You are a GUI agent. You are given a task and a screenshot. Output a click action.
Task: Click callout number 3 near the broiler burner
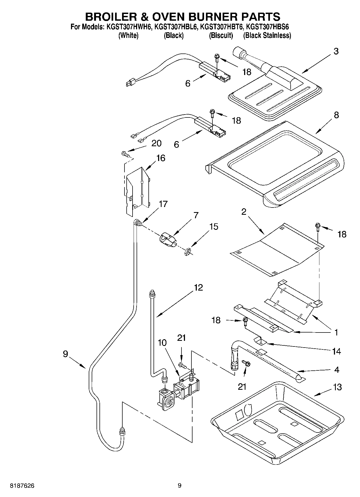(336, 51)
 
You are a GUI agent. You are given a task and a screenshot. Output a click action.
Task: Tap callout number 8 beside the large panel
(336, 115)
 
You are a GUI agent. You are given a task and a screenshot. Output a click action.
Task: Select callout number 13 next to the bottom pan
(337, 387)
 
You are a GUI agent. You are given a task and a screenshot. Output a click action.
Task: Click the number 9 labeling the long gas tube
(65, 354)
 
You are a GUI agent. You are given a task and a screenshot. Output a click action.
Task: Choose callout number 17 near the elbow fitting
(163, 204)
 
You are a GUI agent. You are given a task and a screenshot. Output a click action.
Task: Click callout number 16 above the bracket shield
(161, 158)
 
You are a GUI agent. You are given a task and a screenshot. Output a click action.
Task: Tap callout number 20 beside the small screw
(156, 143)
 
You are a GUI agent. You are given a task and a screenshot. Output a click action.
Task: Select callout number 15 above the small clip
(214, 227)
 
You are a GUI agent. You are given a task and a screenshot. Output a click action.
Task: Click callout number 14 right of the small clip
(337, 351)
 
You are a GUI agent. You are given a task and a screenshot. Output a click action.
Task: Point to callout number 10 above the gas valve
(162, 343)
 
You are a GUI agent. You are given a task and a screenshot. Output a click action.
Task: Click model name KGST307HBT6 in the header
(222, 27)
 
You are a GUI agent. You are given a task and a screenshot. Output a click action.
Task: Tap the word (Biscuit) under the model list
(221, 35)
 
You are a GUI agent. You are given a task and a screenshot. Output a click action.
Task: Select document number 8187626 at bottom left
(22, 485)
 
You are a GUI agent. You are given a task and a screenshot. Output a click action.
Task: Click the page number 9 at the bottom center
(180, 485)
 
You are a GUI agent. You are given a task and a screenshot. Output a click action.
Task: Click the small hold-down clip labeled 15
(187, 252)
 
